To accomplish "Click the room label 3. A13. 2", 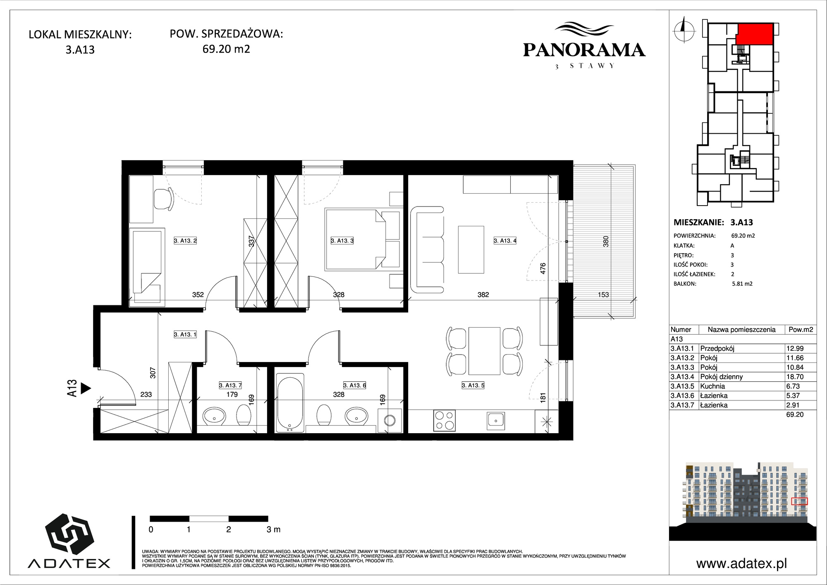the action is (x=185, y=240).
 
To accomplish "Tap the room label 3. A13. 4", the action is (x=505, y=240).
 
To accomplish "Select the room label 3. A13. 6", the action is (x=355, y=385).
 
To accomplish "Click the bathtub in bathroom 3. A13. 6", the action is (x=289, y=403).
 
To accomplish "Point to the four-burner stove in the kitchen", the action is (x=445, y=420).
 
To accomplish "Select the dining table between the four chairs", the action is (x=484, y=350).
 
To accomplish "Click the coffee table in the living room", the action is (x=471, y=249).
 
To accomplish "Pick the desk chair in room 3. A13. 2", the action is (x=164, y=199).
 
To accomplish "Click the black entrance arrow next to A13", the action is (x=86, y=388).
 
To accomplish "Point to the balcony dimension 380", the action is (x=605, y=242).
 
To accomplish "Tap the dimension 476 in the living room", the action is (x=543, y=268).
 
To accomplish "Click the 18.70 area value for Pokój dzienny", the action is (x=795, y=376).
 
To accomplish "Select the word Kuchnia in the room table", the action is (x=712, y=386).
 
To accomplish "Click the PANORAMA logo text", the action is (x=584, y=50).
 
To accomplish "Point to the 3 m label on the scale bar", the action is (x=273, y=529).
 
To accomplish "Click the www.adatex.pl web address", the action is (x=741, y=563).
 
